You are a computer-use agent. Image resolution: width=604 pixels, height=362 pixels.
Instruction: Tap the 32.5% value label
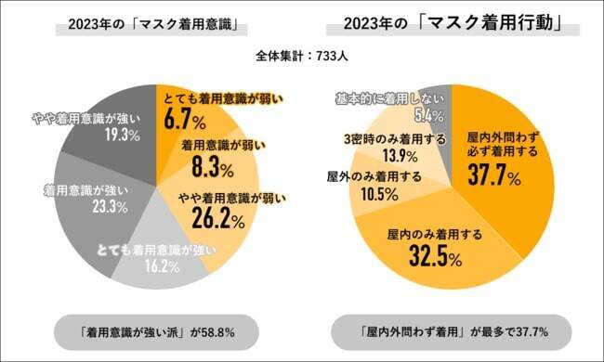tap(433, 255)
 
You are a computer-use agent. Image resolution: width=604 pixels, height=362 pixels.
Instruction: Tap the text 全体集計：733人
tap(302, 57)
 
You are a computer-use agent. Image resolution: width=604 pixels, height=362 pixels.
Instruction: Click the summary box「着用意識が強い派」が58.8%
tap(149, 330)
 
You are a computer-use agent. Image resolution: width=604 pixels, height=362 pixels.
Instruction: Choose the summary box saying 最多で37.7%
tap(453, 330)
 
